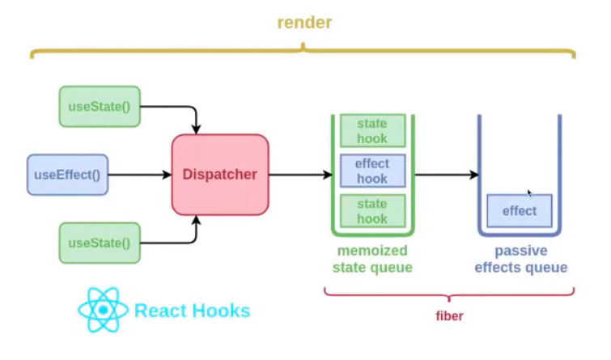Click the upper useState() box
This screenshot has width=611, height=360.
100,106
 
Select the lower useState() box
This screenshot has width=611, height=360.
100,244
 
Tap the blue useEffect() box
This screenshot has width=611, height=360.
67,175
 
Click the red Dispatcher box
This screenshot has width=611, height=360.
220,175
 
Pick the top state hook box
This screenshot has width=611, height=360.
372,130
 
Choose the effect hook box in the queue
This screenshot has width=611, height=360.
372,171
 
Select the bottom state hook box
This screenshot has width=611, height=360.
372,211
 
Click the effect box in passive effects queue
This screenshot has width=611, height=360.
520,211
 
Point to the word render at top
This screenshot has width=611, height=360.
304,23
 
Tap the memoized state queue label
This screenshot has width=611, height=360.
372,259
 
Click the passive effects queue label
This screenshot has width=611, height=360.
520,259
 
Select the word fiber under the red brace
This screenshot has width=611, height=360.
449,316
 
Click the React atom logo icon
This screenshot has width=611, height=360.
103,310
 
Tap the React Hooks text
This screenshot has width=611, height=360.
192,311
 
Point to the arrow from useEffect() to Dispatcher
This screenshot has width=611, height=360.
140,175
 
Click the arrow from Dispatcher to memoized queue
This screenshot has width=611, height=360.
300,175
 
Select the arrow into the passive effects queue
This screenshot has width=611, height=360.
447,175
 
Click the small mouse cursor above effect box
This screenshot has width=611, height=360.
529,193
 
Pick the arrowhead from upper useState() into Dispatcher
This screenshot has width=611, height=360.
196,129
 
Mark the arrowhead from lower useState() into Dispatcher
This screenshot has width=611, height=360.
196,220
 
